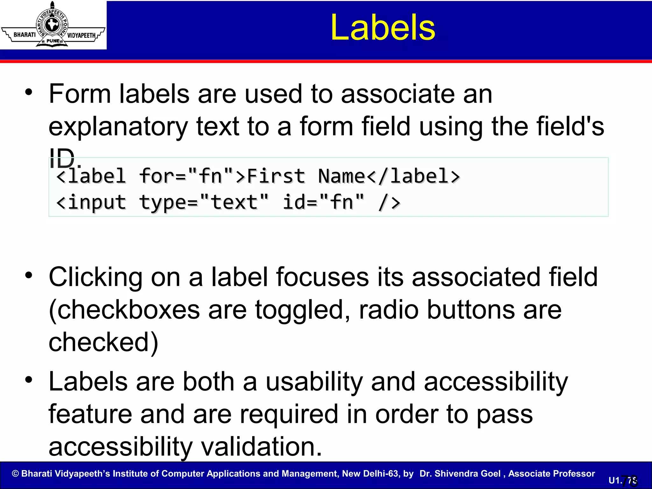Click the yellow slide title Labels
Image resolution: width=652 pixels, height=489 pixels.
point(383,28)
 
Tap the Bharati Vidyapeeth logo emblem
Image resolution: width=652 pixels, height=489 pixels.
point(52,25)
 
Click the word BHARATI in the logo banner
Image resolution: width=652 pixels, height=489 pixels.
point(25,35)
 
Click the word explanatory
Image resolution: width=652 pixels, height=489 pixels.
point(118,127)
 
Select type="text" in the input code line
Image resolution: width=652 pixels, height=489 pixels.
point(204,202)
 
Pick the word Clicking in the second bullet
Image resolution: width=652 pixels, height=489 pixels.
point(96,277)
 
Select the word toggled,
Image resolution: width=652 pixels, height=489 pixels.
point(302,310)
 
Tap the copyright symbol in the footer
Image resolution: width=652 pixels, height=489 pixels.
point(15,473)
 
